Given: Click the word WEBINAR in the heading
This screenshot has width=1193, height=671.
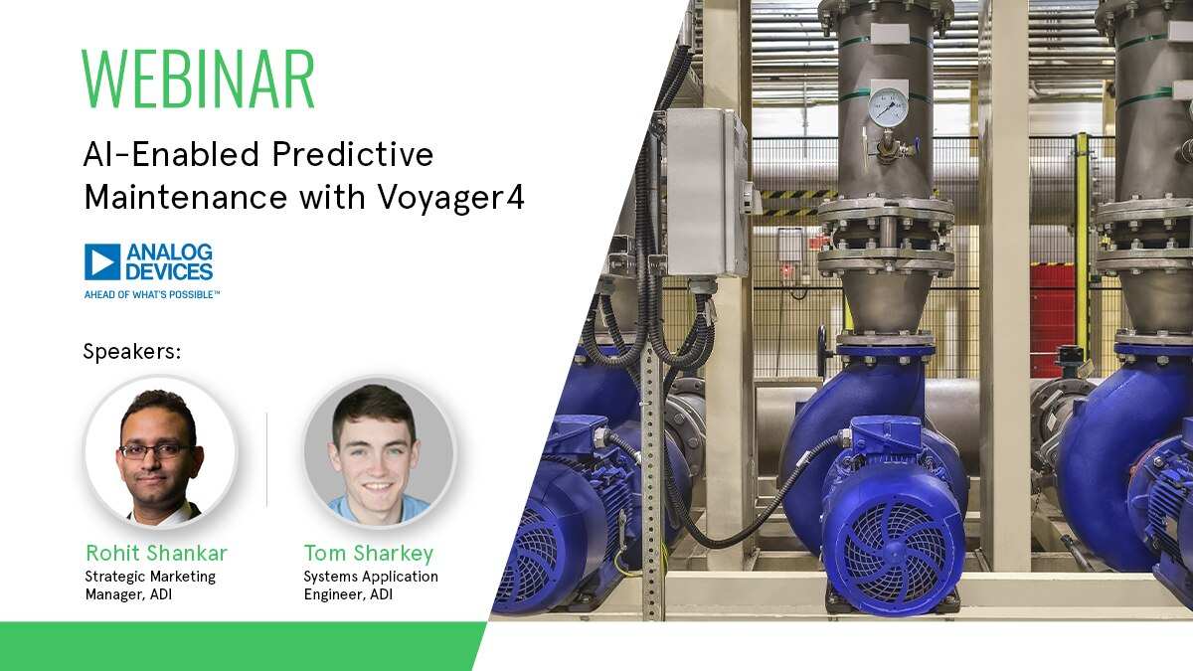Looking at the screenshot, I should tap(198, 79).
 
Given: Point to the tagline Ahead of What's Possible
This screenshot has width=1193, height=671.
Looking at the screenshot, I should tap(151, 294).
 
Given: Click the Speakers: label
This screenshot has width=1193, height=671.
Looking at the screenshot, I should tap(131, 351).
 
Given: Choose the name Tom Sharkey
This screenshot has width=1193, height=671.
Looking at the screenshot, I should tap(369, 553).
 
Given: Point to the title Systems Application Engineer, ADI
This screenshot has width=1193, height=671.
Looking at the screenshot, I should tap(371, 586).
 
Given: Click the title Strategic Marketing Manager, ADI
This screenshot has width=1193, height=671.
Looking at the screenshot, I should tap(150, 586).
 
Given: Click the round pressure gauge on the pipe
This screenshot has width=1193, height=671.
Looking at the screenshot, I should tap(887, 107).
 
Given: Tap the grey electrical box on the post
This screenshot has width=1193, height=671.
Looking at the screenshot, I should tap(705, 193).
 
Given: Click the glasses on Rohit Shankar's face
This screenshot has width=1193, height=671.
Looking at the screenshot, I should tap(154, 450).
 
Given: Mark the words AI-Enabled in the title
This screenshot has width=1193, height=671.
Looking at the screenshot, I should tap(143, 155).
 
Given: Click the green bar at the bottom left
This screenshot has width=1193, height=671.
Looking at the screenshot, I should tap(229, 646).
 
